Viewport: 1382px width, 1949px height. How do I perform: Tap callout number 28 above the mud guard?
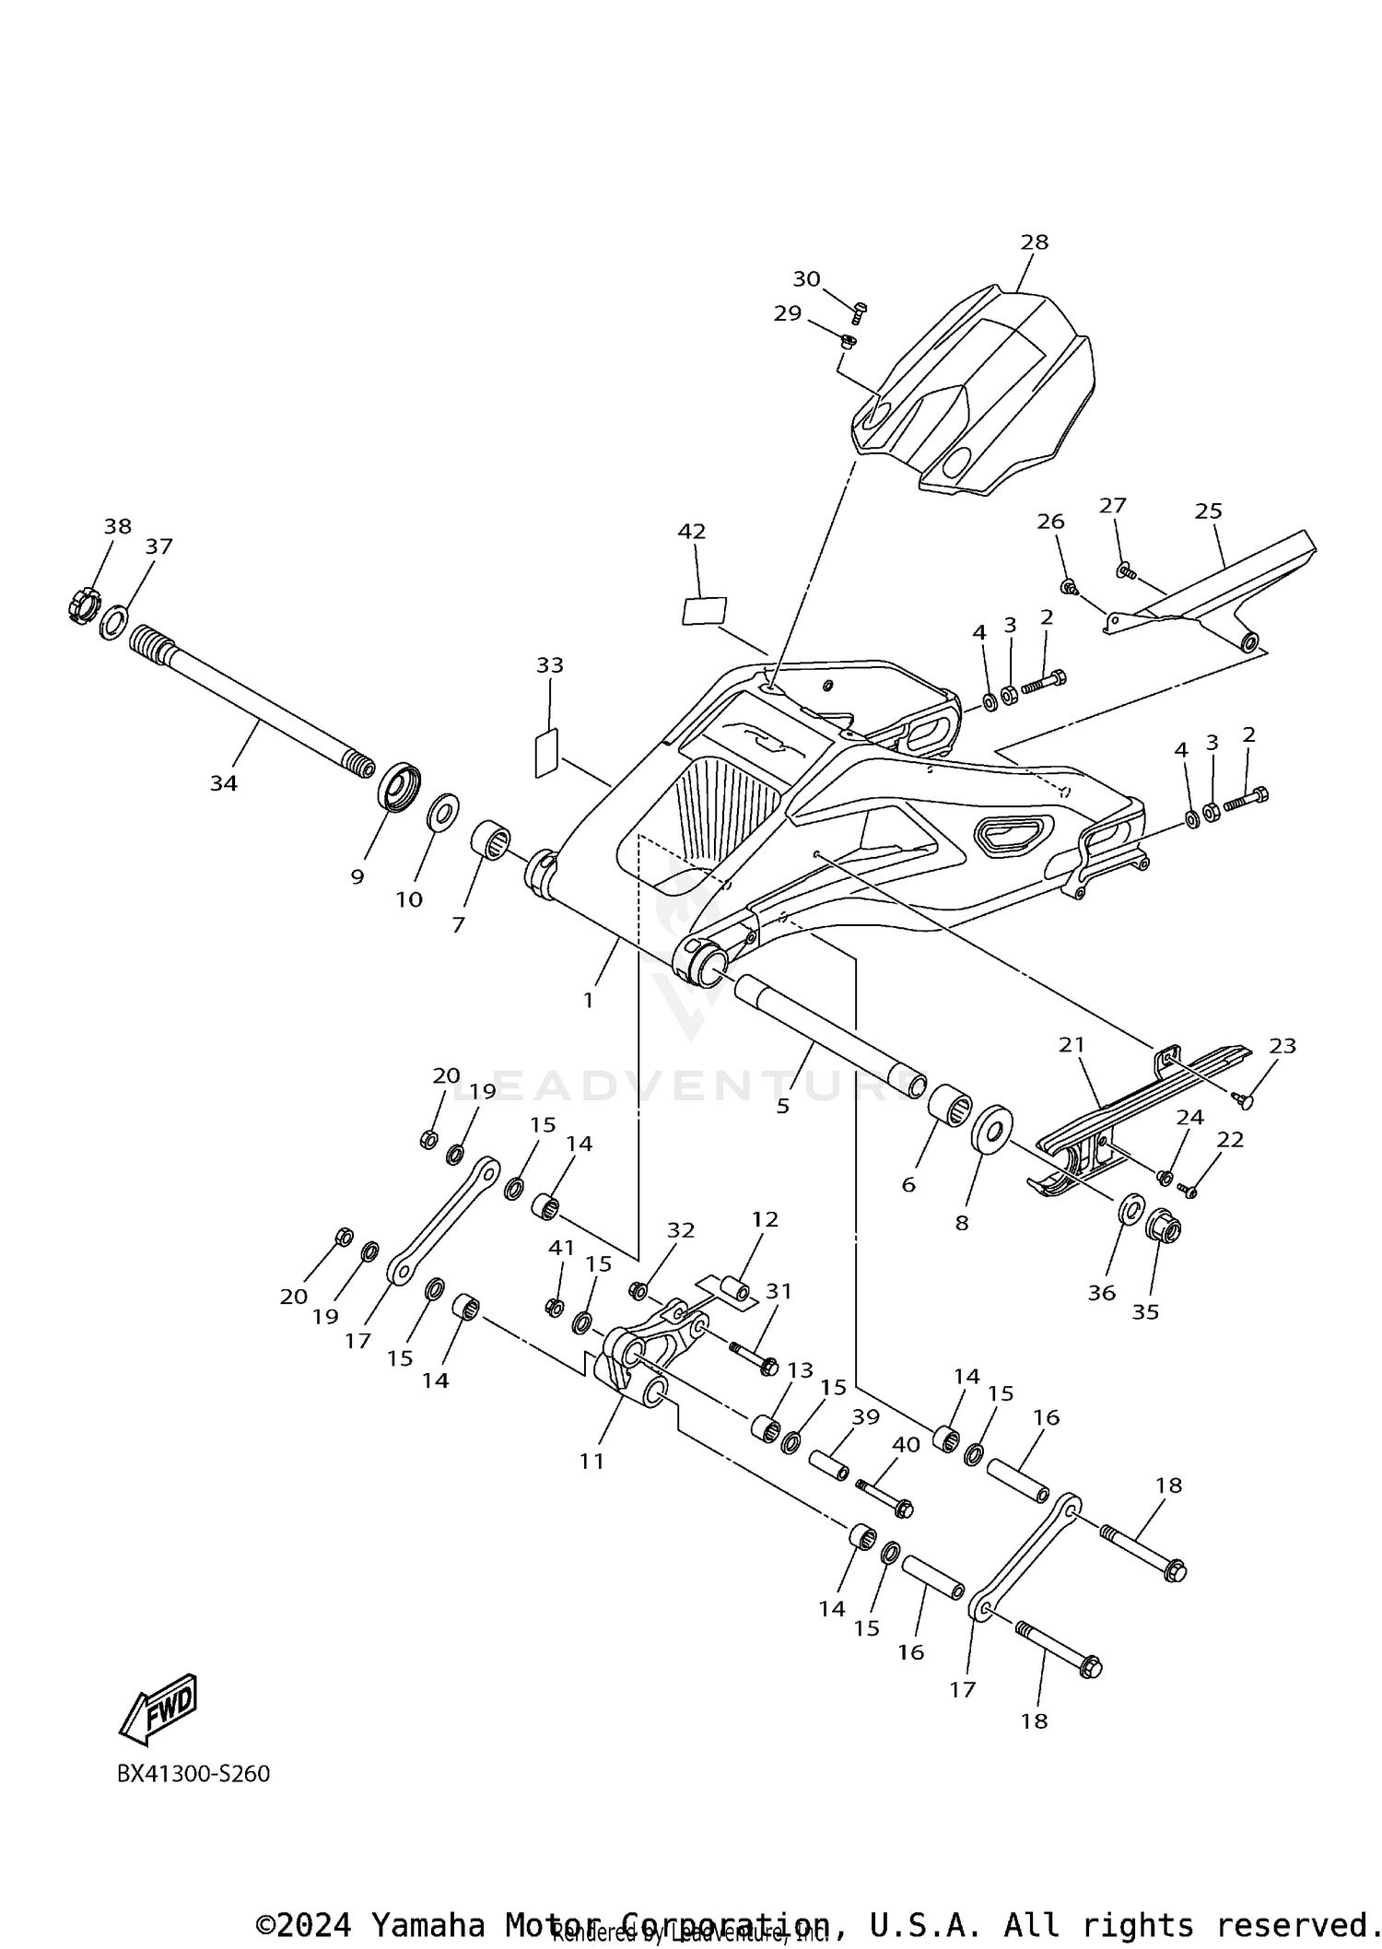(1034, 242)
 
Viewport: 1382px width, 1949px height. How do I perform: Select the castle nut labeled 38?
(83, 606)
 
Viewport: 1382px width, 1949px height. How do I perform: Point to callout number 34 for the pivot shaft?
(223, 783)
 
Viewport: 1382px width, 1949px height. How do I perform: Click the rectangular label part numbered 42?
(704, 611)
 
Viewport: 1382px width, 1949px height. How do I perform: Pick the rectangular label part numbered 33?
(546, 753)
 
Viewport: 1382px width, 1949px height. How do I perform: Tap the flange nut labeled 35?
(1162, 1227)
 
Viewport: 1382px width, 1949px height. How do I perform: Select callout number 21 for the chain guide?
(1072, 1045)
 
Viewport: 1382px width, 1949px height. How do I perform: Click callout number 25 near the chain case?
(1208, 511)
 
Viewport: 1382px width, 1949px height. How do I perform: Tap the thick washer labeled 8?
(991, 1128)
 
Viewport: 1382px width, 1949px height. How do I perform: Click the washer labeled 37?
(114, 622)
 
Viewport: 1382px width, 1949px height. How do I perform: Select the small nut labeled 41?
(555, 1306)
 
